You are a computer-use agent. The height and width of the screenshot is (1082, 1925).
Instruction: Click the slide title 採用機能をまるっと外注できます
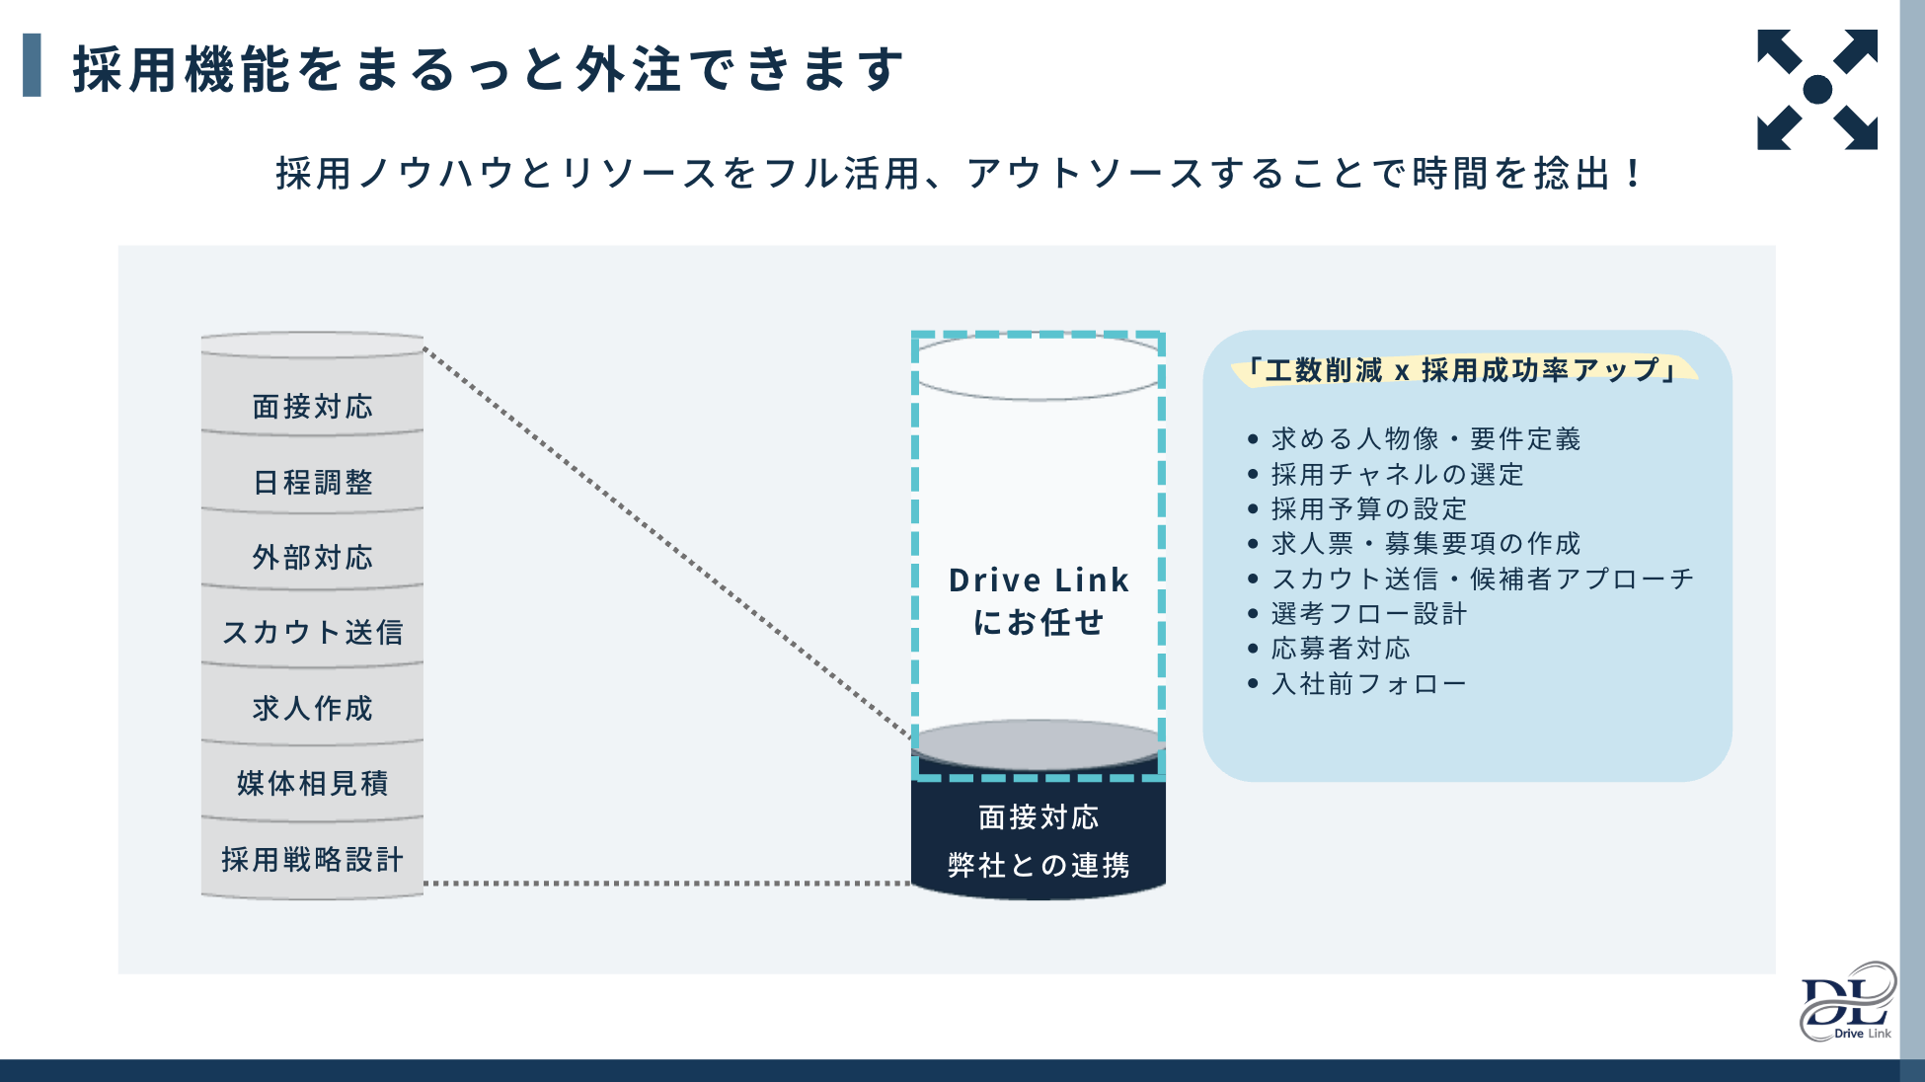pos(488,69)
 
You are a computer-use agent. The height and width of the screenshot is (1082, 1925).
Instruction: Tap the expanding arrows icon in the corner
pos(1816,89)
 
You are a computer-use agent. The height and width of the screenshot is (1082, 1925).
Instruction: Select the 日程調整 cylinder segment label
pos(313,482)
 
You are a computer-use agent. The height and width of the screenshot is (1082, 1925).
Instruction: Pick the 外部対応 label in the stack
pos(313,557)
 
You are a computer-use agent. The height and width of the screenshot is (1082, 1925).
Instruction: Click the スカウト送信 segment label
pos(313,632)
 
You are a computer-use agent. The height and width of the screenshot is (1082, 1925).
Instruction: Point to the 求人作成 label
pos(313,708)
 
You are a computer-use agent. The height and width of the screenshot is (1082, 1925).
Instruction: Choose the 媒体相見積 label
pos(313,783)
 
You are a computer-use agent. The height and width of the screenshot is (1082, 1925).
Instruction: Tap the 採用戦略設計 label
pos(313,859)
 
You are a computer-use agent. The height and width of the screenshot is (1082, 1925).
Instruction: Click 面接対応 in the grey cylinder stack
pos(313,406)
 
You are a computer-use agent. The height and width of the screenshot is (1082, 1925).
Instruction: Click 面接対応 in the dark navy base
pos(1039,817)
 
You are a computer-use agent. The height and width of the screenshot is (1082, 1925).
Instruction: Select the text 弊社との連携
pos(1039,865)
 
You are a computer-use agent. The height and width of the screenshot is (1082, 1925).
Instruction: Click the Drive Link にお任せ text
pos(1039,600)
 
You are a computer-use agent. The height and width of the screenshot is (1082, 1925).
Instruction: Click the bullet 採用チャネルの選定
pos(1397,474)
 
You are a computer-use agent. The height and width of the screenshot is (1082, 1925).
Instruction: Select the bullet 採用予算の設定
pos(1369,508)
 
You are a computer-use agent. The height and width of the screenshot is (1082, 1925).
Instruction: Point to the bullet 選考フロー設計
pos(1369,613)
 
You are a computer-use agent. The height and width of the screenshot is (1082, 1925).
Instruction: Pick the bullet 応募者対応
pos(1341,648)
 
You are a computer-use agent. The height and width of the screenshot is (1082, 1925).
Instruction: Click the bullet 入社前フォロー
pos(1368,683)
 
